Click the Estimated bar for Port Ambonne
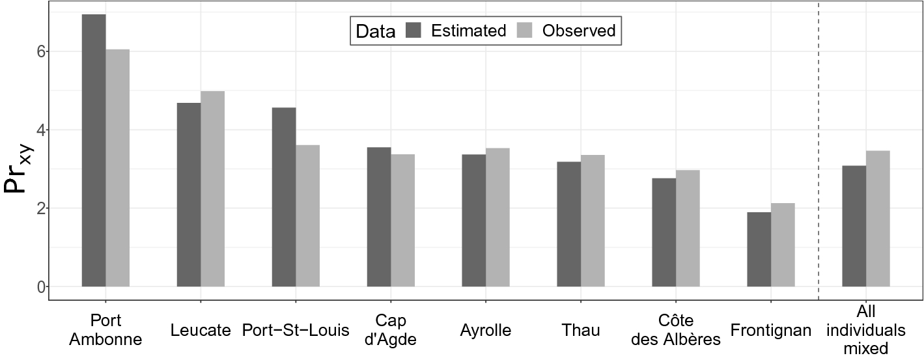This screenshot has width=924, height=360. coord(94,150)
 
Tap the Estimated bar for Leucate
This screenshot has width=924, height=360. coord(189,195)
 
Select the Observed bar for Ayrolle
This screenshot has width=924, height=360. coord(497,217)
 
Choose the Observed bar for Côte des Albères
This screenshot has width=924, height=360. coord(688,228)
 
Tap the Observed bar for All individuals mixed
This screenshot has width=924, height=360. coord(878,219)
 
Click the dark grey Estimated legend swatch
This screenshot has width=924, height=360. coord(414,31)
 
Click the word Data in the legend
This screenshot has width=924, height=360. coord(376,31)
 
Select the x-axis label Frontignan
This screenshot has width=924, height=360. coord(771,330)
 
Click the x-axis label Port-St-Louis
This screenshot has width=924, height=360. coord(296,330)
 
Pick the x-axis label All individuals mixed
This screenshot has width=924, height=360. coord(878,330)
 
